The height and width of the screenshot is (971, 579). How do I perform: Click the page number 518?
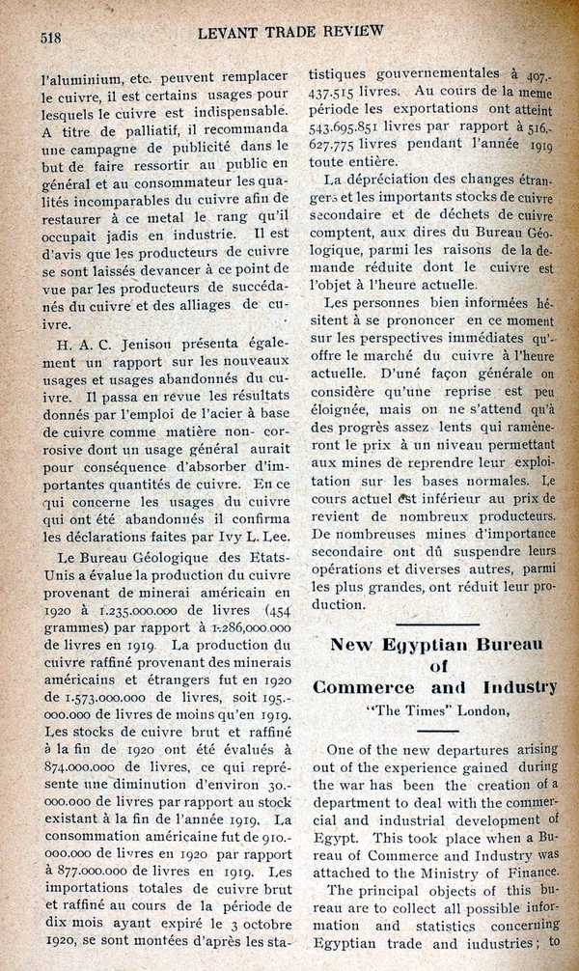click(x=50, y=39)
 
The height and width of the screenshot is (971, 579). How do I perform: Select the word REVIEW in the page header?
click(x=350, y=30)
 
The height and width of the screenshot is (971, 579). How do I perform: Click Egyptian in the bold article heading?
click(x=434, y=644)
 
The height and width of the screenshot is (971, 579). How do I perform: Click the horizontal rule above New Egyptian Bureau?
click(x=436, y=625)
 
